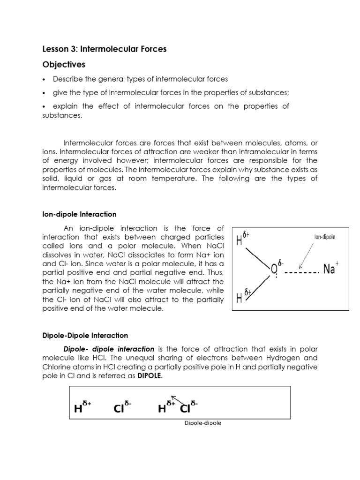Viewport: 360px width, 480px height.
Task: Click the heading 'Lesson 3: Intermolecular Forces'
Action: tap(104, 49)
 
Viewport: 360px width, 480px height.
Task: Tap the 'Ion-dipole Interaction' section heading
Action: tap(79, 214)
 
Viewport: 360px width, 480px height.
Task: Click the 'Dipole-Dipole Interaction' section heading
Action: tap(85, 336)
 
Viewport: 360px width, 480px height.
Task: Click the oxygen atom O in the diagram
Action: tap(275, 270)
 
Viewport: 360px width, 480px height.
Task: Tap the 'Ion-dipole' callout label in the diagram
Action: tap(324, 237)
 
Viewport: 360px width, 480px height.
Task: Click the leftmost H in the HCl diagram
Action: tap(78, 409)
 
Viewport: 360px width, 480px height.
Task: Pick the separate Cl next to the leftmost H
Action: tap(119, 409)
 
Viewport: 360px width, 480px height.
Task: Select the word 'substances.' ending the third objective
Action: tap(62, 115)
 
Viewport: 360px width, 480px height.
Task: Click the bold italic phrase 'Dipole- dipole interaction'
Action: tap(109, 349)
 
